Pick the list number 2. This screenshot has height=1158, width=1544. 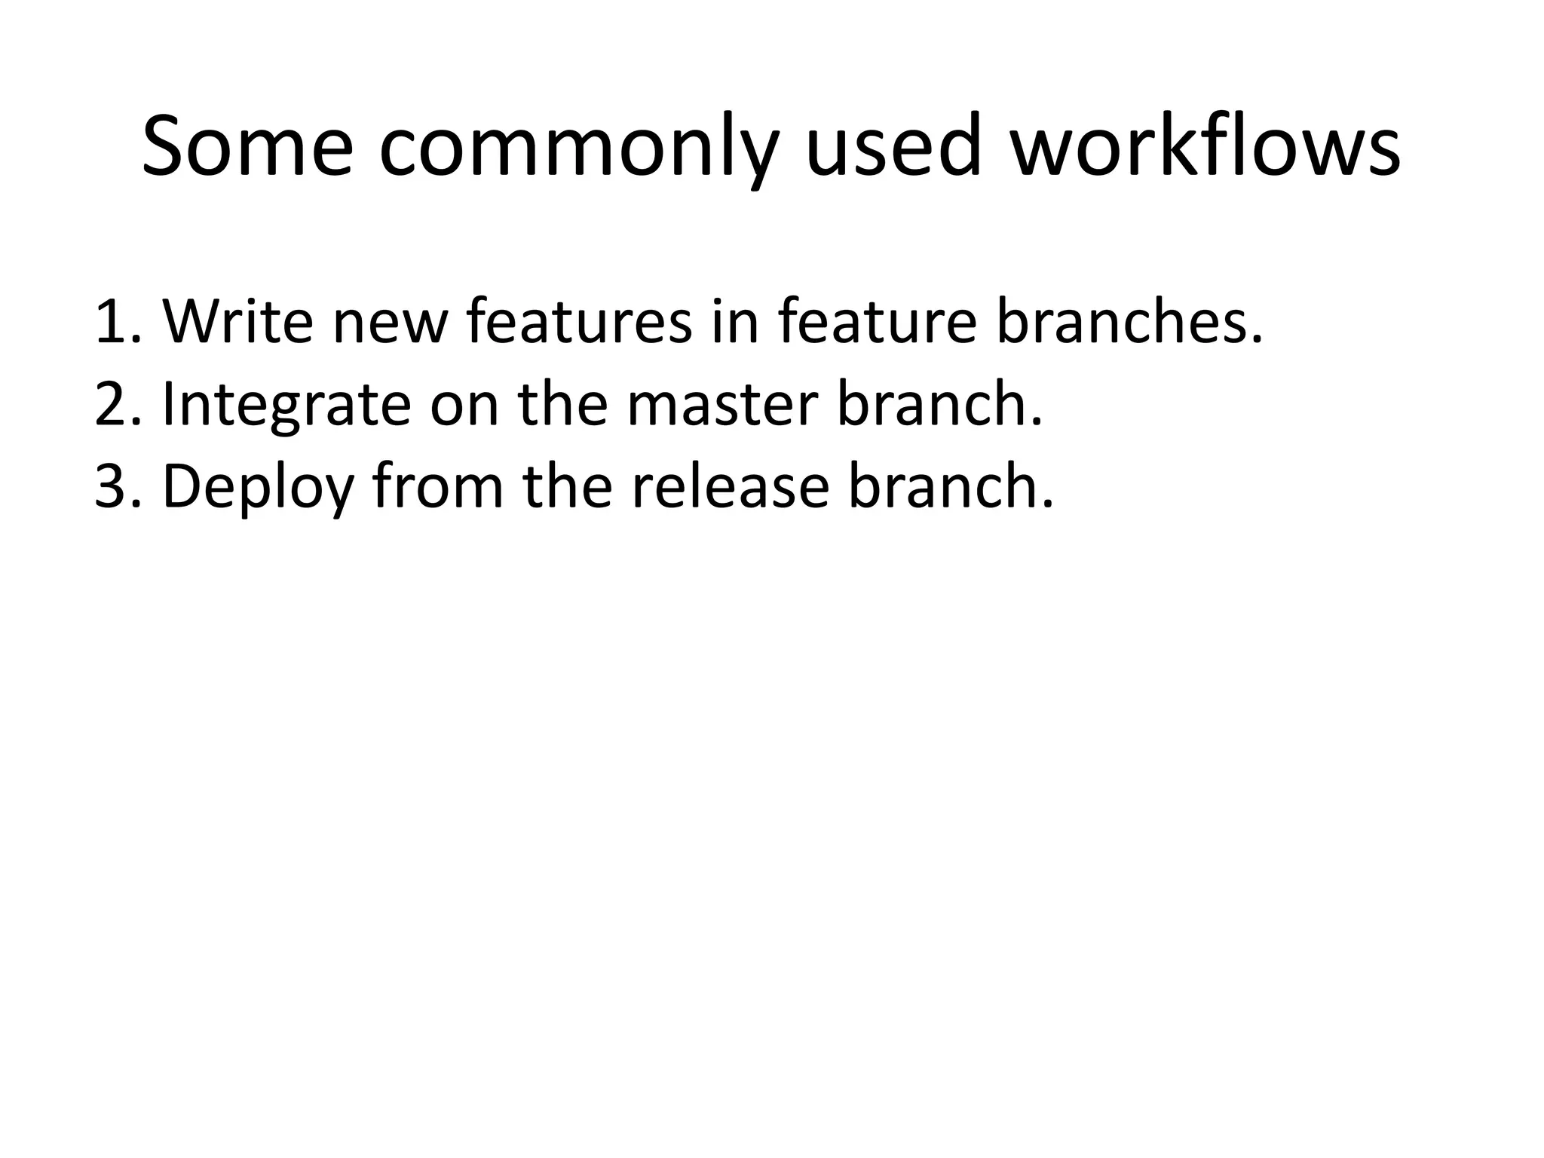(x=115, y=404)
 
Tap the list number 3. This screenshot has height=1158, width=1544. (x=115, y=487)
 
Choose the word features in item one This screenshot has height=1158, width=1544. (x=578, y=321)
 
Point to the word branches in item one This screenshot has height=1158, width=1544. (x=1128, y=321)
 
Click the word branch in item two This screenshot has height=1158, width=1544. (x=939, y=404)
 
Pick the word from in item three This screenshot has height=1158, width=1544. (x=438, y=487)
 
